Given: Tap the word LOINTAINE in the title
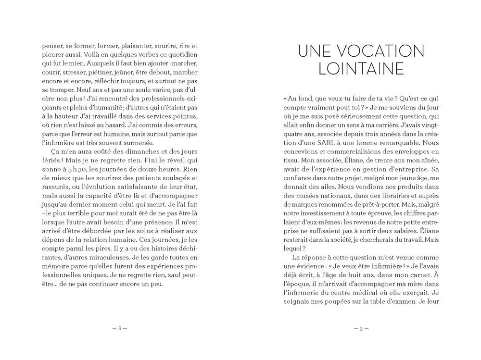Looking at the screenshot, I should (x=361, y=69).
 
